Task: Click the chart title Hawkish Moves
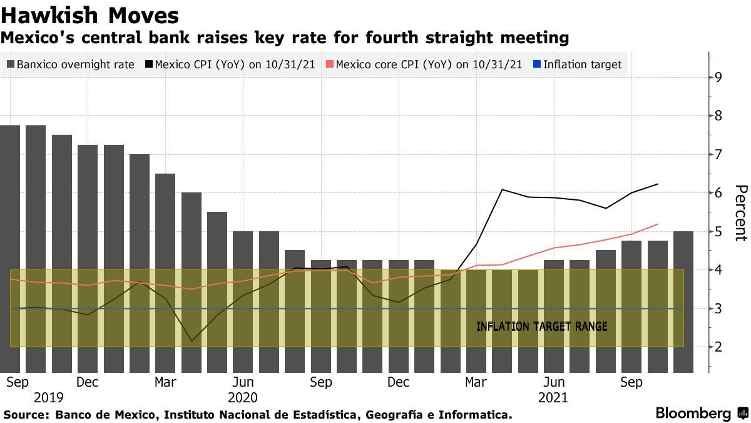[x=90, y=15]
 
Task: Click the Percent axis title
[x=740, y=213]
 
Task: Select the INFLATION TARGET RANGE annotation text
[x=541, y=326]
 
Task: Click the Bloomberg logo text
[x=693, y=414]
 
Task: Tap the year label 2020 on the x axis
[x=243, y=397]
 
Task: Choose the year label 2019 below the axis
[x=49, y=397]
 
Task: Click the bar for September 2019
[x=10, y=251]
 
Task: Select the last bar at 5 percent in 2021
[x=683, y=301]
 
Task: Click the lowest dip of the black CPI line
[x=192, y=342]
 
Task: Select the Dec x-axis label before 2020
[x=87, y=382]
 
